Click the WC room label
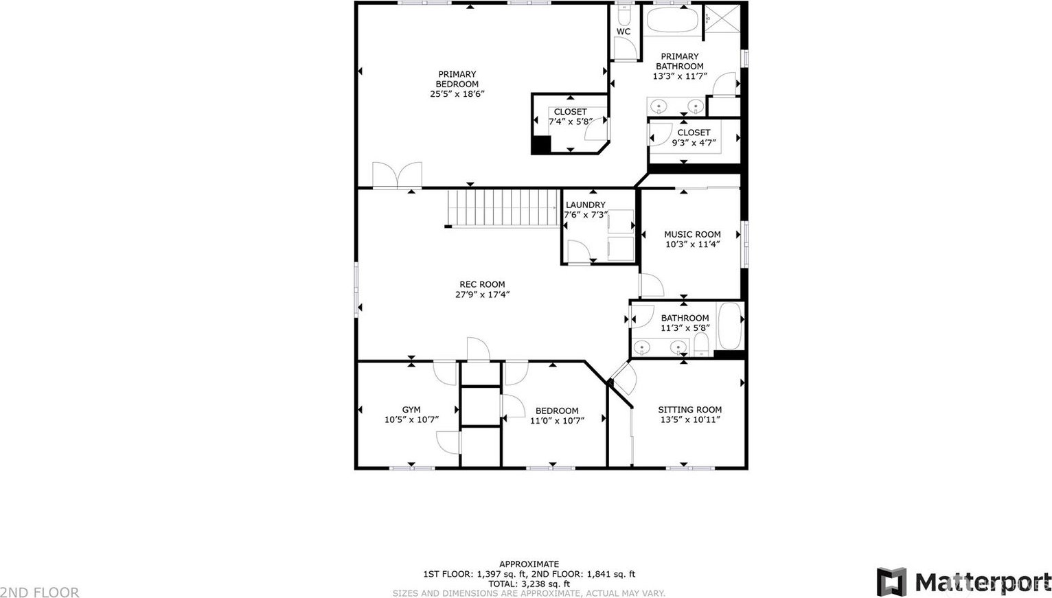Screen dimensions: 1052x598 pyautogui.click(x=624, y=32)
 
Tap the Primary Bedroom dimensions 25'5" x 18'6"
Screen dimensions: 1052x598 pyautogui.click(x=457, y=94)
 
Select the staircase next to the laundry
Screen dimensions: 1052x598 pyautogui.click(x=503, y=209)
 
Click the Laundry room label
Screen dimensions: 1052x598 pyautogui.click(x=586, y=205)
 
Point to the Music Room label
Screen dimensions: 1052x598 pyautogui.click(x=692, y=234)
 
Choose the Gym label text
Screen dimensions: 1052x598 pyautogui.click(x=411, y=410)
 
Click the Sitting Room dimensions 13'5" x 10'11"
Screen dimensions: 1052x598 pyautogui.click(x=690, y=419)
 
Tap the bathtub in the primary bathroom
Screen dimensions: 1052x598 pyautogui.click(x=673, y=19)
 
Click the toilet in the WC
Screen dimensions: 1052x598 pyautogui.click(x=624, y=16)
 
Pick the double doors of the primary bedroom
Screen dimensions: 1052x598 pyautogui.click(x=398, y=176)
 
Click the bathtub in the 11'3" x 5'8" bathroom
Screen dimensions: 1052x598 pyautogui.click(x=730, y=326)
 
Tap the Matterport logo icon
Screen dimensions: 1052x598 pyautogui.click(x=891, y=582)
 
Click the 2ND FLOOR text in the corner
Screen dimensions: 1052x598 pyautogui.click(x=39, y=593)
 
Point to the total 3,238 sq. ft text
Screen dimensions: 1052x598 pyautogui.click(x=529, y=584)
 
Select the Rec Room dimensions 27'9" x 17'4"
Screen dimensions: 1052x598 pyautogui.click(x=482, y=295)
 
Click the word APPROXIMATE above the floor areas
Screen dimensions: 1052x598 pyautogui.click(x=529, y=564)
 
